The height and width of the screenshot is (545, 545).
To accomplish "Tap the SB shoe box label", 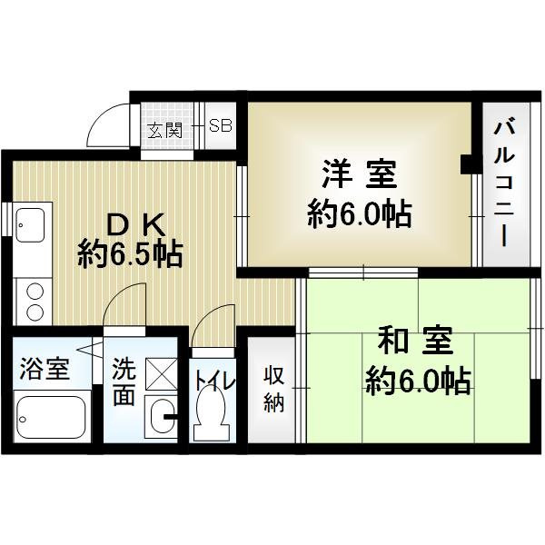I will pos(221,126).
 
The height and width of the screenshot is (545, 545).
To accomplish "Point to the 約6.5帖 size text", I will pos(131,253).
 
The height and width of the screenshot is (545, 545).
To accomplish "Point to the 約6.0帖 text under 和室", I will pos(418,379).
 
